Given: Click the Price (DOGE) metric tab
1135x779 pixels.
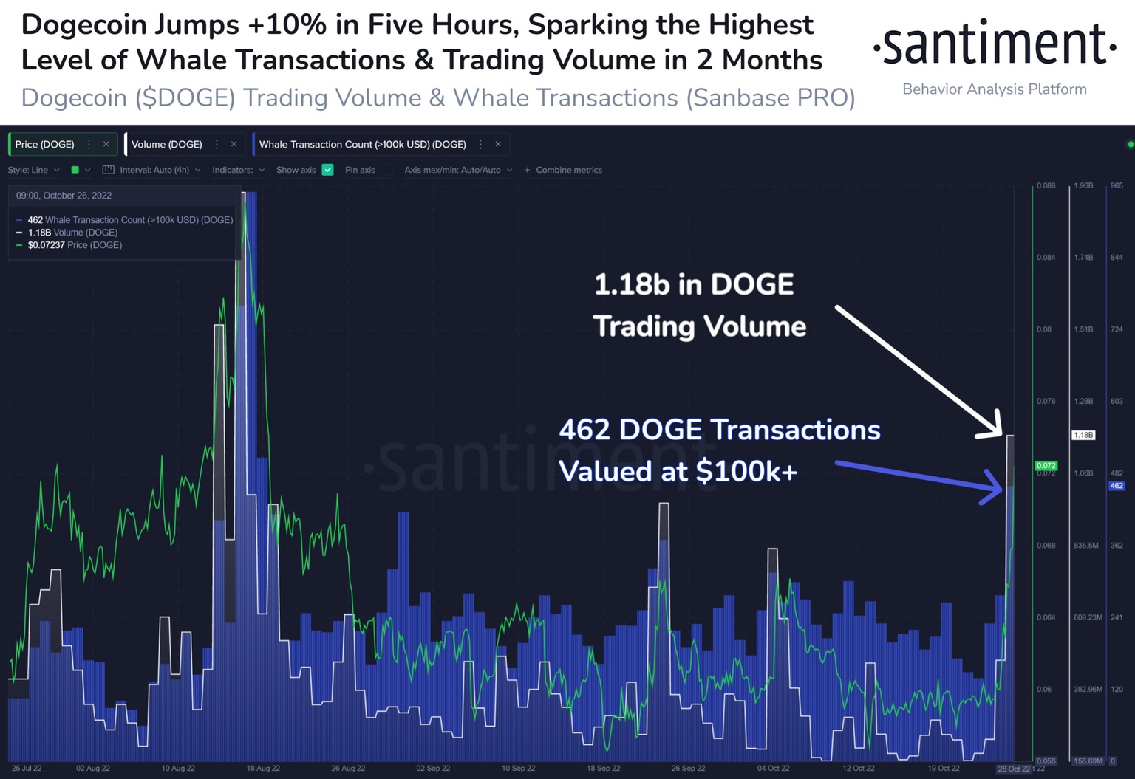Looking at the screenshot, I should (45, 145).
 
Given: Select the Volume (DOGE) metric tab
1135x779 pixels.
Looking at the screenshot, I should (167, 145).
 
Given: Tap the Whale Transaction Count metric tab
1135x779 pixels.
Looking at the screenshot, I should (363, 145).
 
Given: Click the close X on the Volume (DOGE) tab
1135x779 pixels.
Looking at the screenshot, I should (234, 145).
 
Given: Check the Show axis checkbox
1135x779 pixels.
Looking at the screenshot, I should (328, 170).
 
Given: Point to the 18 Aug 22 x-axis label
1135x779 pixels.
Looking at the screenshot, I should (263, 768).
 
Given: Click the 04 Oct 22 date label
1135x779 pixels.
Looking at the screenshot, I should (773, 768).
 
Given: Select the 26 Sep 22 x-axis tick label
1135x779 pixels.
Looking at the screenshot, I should (688, 768).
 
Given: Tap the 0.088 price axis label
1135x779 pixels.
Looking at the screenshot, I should (1046, 185).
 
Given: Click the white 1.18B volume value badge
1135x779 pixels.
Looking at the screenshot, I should (1083, 435).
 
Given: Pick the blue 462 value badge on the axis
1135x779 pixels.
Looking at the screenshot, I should (1117, 486).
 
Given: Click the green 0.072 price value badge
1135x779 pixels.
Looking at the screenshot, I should (1046, 466).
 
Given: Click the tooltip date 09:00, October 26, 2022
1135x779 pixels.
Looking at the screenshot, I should (64, 196).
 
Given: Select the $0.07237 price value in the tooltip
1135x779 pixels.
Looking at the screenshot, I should (47, 245).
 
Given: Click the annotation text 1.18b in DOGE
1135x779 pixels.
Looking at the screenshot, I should (694, 284).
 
